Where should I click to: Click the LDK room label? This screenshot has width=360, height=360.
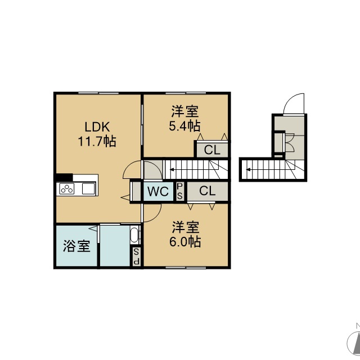(97, 127)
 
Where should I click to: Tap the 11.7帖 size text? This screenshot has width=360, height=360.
(97, 141)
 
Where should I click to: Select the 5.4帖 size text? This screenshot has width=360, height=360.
(184, 126)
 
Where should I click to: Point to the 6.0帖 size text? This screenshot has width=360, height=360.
(185, 241)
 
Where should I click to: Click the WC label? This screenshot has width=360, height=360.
(158, 191)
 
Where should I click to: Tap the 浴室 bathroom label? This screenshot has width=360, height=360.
(76, 246)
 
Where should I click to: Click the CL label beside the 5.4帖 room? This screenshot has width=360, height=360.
(212, 150)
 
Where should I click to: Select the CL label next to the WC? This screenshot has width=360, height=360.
(208, 191)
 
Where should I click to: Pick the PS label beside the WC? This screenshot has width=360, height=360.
(180, 191)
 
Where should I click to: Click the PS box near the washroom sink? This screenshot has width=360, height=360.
(136, 256)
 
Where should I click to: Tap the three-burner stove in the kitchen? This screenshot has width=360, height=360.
(67, 189)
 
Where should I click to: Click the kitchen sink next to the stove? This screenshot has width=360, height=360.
(89, 189)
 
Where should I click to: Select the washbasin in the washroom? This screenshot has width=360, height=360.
(134, 235)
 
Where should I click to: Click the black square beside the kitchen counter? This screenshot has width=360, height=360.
(64, 178)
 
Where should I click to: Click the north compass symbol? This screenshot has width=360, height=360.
(354, 340)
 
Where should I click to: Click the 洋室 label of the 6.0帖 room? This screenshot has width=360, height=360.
(186, 227)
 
